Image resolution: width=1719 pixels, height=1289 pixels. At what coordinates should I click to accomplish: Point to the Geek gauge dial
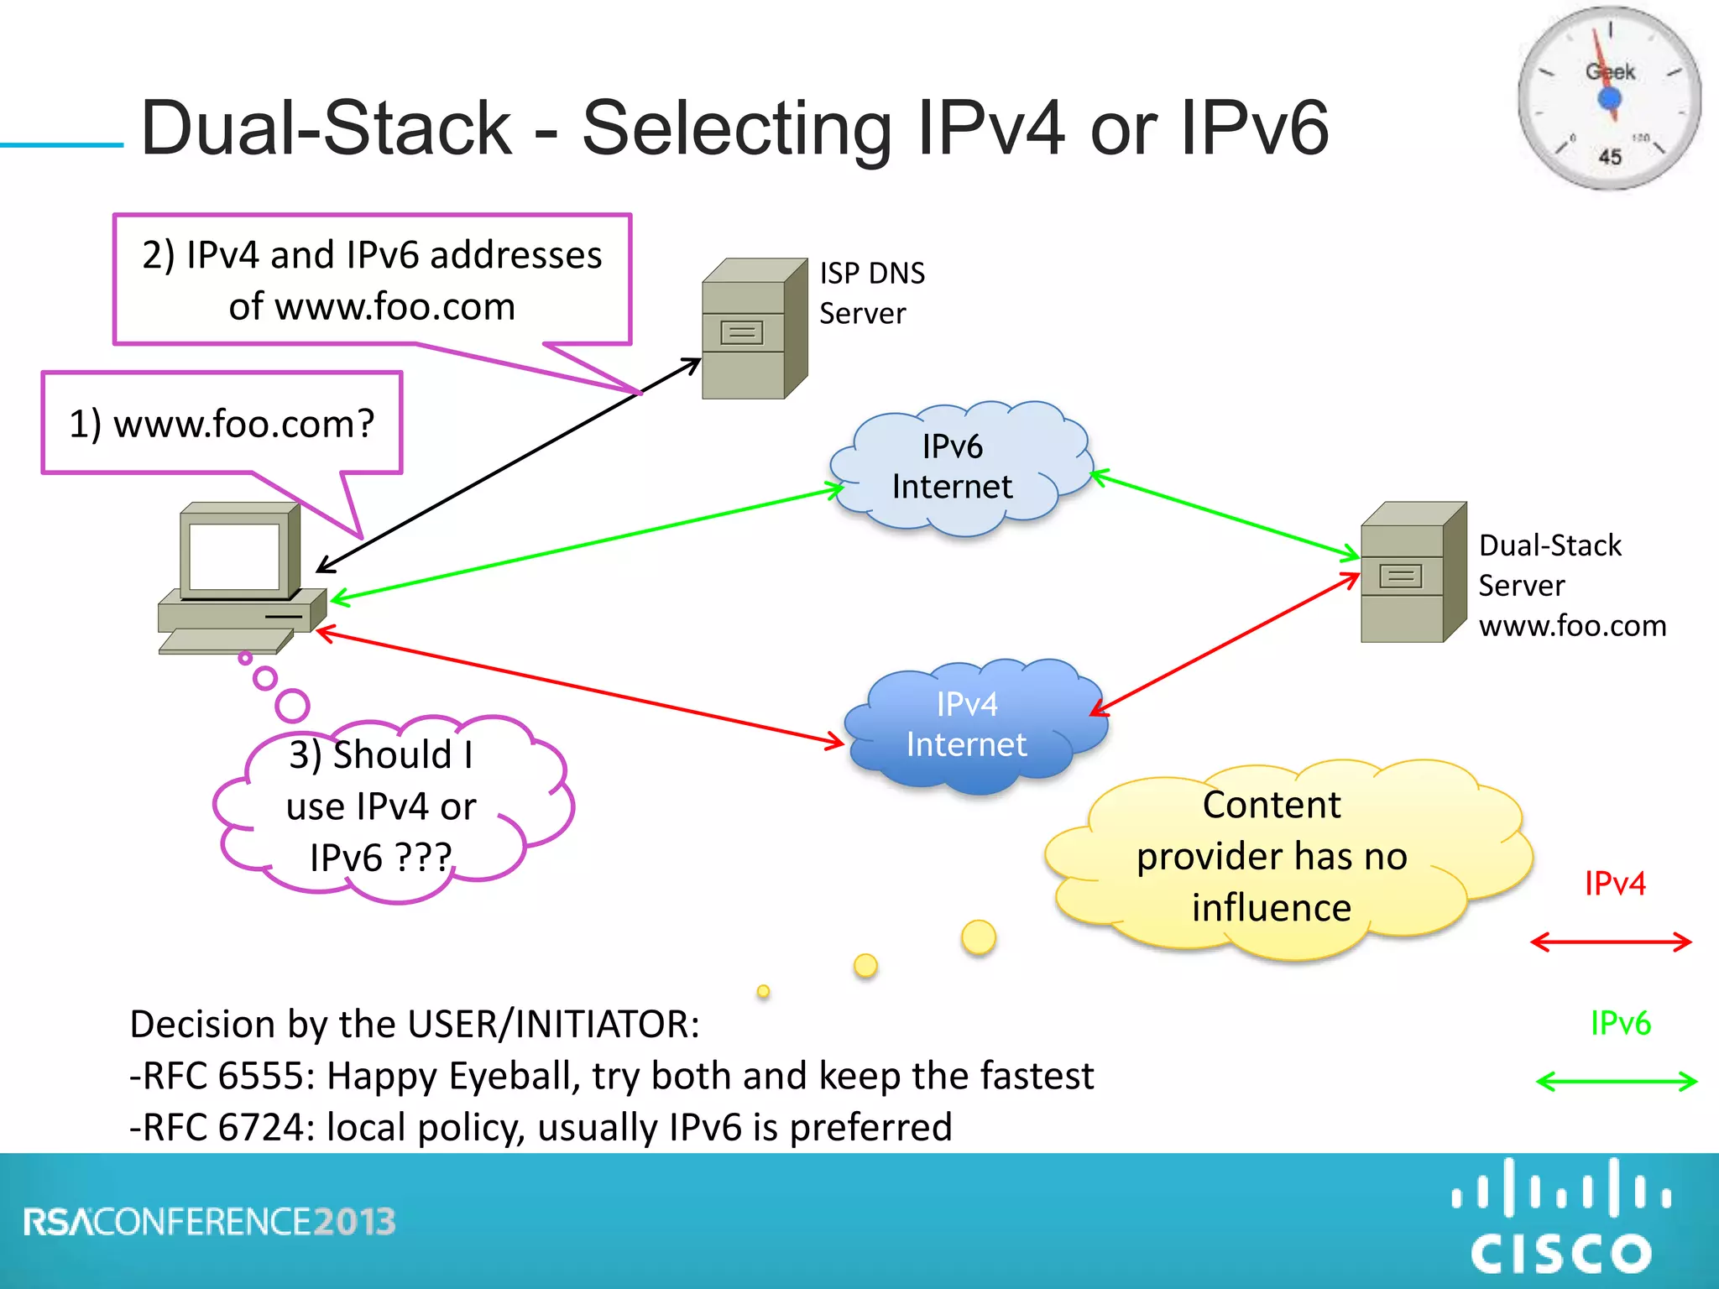(1608, 99)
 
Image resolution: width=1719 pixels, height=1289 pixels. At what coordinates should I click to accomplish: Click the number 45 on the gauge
(1609, 157)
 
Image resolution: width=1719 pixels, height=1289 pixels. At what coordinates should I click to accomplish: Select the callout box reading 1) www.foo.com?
(222, 424)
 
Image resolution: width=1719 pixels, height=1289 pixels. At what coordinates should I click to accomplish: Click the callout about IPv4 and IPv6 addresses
(372, 280)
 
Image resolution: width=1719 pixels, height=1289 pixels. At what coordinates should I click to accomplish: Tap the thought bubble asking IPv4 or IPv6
(382, 806)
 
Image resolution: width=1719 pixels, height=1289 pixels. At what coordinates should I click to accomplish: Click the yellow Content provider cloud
(1272, 857)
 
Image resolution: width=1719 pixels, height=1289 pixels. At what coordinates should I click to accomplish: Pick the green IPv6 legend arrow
(1616, 1082)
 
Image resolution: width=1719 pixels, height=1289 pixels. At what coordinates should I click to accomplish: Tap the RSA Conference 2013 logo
(210, 1222)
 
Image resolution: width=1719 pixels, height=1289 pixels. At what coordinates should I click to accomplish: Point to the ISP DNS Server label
(871, 293)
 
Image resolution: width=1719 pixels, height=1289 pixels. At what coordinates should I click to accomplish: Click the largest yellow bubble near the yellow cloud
(978, 937)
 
